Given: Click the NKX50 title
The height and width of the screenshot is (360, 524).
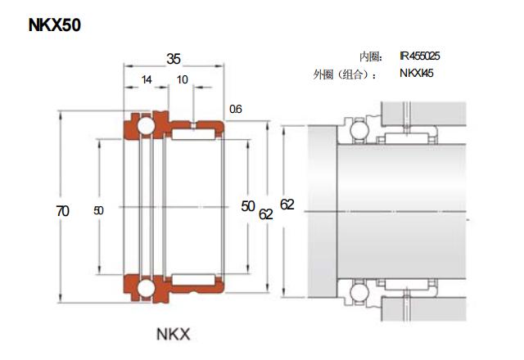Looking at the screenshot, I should pyautogui.click(x=55, y=25).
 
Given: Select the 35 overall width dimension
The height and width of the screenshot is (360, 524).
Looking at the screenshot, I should pyautogui.click(x=174, y=59).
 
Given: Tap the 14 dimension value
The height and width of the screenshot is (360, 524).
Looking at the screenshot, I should pyautogui.click(x=147, y=80).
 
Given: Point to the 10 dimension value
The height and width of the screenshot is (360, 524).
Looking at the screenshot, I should pyautogui.click(x=182, y=80).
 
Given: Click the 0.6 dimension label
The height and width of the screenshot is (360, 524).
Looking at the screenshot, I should pyautogui.click(x=236, y=109).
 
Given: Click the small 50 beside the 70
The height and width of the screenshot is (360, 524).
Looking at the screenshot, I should pyautogui.click(x=99, y=211).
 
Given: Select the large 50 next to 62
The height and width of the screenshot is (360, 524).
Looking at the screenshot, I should pyautogui.click(x=248, y=206).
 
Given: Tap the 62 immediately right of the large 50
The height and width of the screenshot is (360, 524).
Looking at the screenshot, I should pyautogui.click(x=266, y=214).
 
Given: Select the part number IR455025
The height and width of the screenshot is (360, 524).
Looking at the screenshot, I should pyautogui.click(x=420, y=56).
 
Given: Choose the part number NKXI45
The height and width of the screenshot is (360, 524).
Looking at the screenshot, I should pyautogui.click(x=417, y=74).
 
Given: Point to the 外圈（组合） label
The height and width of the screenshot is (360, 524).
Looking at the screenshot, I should pyautogui.click(x=346, y=74).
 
